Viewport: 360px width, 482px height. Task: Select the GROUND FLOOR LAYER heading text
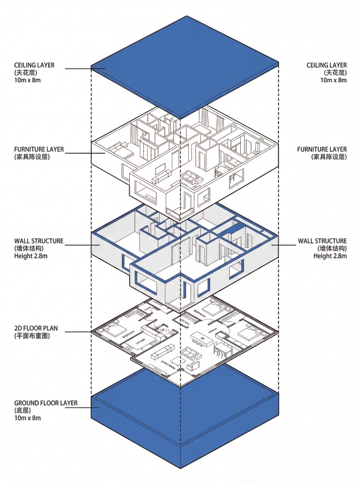(x=45, y=403)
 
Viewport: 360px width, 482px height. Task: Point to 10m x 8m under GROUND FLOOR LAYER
(x=27, y=418)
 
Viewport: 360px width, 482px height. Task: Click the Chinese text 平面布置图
(x=32, y=336)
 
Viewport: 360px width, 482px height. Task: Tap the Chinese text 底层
(x=22, y=410)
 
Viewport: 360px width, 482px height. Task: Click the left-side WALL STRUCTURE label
(x=39, y=241)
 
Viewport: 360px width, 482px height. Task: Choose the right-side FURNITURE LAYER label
(x=322, y=149)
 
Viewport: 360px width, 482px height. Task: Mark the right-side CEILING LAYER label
(x=326, y=65)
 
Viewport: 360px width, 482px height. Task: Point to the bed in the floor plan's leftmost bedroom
(x=115, y=330)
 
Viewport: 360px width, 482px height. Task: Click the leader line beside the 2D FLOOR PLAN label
(x=77, y=332)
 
